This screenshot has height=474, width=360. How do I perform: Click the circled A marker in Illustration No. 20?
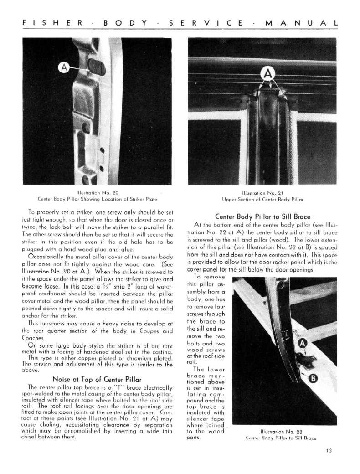(65, 68)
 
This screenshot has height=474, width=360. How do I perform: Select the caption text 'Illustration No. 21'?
(263, 192)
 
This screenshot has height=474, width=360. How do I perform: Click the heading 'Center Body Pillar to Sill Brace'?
(262, 216)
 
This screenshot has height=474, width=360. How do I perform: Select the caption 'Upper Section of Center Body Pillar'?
(263, 199)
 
